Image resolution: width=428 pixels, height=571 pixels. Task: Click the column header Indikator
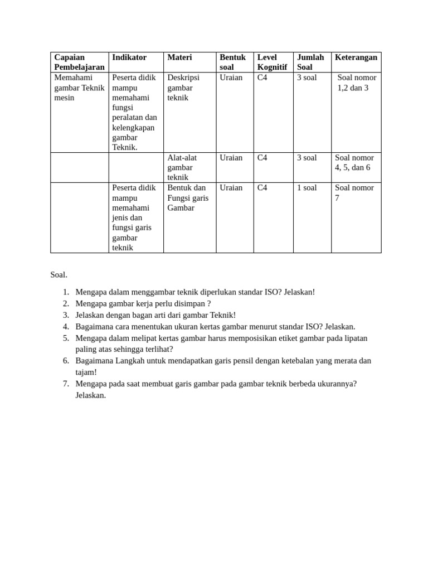129,57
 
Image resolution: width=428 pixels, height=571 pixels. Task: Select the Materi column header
179,57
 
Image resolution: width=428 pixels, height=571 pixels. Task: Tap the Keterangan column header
356,57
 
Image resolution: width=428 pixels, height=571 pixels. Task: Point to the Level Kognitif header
272,62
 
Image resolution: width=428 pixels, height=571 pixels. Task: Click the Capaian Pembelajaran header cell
79,62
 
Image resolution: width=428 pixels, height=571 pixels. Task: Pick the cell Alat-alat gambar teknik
182,167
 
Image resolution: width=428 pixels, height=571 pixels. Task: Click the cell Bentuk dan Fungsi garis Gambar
188,197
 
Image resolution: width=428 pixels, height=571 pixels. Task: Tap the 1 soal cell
307,188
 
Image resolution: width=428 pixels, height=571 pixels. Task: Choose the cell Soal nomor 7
354,192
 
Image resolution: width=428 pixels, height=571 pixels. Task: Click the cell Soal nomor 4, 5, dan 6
354,162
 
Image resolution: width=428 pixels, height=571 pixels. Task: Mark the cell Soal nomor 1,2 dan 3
356,83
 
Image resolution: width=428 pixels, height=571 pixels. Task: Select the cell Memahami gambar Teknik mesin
79,88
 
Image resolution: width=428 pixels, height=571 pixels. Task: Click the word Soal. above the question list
59,274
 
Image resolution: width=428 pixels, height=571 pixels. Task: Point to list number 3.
66,315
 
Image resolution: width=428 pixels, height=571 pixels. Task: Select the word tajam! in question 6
86,372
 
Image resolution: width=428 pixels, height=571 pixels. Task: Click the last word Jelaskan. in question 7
90,395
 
